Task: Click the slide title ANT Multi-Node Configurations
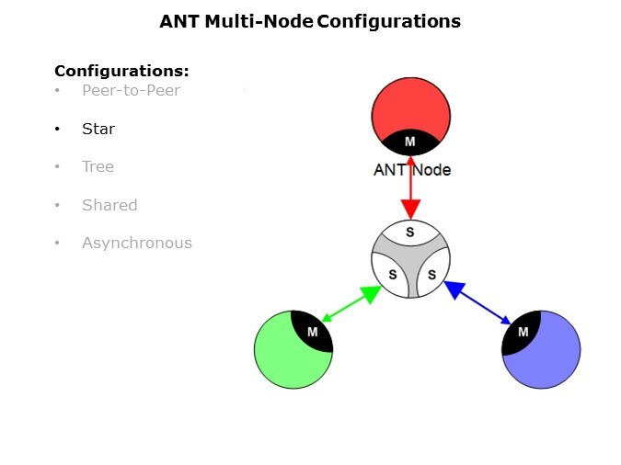(310, 20)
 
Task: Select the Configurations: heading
(121, 71)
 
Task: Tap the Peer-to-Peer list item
(131, 90)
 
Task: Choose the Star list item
(98, 129)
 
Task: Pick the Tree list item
(98, 166)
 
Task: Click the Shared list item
(109, 205)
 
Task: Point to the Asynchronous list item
(136, 243)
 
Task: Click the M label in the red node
(410, 142)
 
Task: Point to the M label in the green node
(313, 332)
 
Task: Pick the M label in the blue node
(523, 332)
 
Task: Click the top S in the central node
(410, 232)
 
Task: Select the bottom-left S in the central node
(391, 275)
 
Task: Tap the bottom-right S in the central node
(431, 275)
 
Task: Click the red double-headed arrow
(410, 187)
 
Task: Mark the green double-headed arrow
(351, 304)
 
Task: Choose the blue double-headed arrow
(477, 302)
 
